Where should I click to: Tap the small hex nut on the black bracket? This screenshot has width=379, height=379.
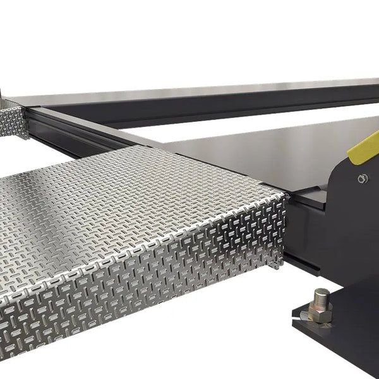[x=363, y=179]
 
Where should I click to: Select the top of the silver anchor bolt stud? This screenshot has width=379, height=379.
[x=322, y=292]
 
